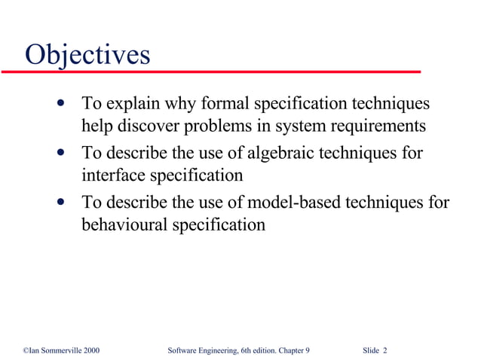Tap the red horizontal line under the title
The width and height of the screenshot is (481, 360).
(211, 72)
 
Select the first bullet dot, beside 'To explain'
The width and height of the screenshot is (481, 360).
(60, 102)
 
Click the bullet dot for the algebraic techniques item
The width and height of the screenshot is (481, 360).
(60, 154)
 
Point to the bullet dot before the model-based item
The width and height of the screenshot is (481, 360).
(60, 202)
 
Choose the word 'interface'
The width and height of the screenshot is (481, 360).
(110, 175)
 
